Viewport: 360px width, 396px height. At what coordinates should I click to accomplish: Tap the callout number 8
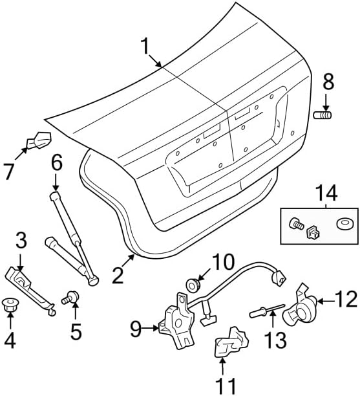pyautogui.click(x=328, y=82)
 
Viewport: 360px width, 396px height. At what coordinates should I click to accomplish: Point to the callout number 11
pyautogui.click(x=226, y=385)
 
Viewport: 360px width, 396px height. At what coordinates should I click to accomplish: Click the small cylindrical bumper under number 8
pyautogui.click(x=322, y=115)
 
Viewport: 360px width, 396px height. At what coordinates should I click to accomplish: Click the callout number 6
pyautogui.click(x=56, y=162)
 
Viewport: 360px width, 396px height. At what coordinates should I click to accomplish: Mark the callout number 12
pyautogui.click(x=346, y=299)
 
